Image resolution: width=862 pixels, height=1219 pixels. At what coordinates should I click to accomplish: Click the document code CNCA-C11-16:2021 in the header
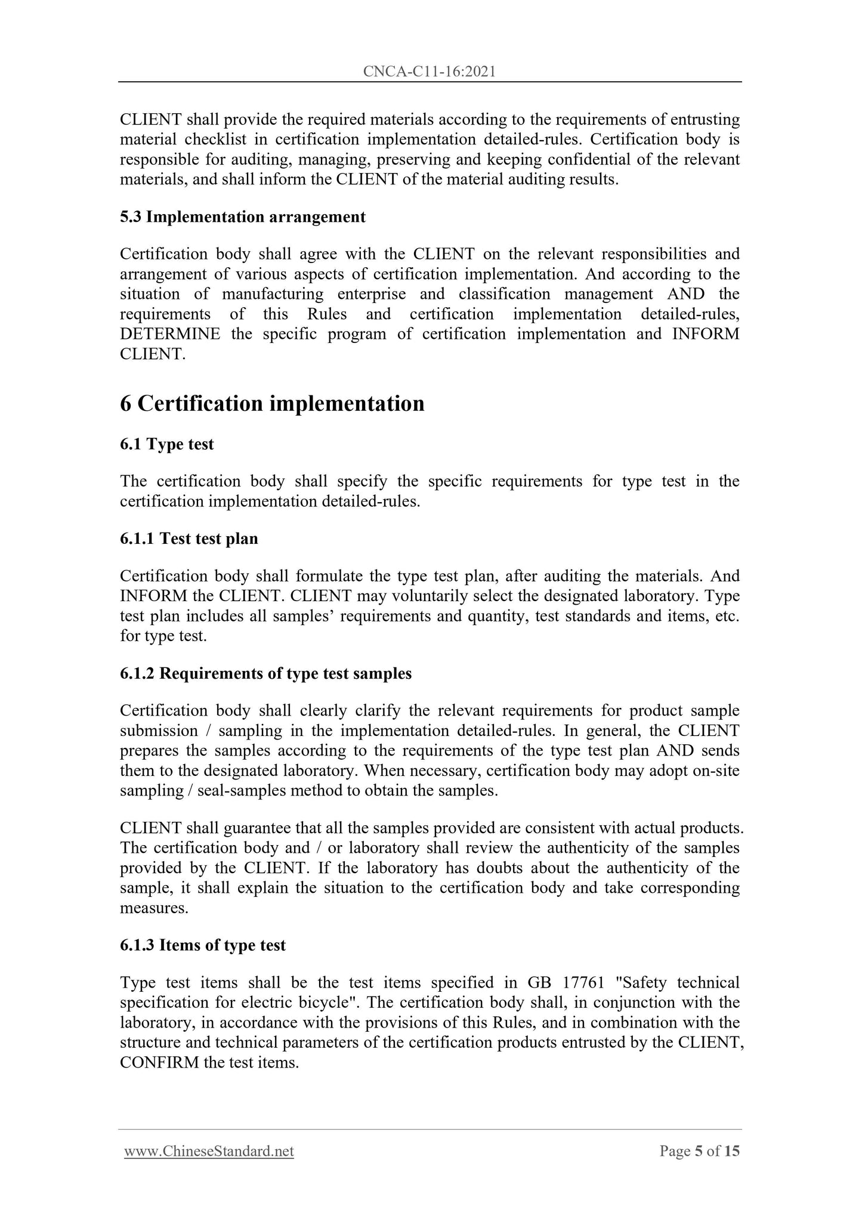[x=430, y=72]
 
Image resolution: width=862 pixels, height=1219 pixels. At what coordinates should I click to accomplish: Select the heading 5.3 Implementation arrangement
[x=242, y=216]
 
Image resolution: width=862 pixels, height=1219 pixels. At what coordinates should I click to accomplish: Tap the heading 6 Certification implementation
[x=272, y=404]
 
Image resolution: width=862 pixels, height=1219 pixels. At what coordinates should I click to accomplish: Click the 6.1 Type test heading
[x=166, y=444]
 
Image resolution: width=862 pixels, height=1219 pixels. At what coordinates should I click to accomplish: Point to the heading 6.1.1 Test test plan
[x=189, y=539]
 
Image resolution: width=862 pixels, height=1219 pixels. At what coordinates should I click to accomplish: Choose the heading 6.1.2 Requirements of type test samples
[x=265, y=673]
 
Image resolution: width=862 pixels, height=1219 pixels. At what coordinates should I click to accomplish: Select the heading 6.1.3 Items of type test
[x=202, y=945]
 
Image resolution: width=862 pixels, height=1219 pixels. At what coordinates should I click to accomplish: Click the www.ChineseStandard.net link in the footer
[x=209, y=1151]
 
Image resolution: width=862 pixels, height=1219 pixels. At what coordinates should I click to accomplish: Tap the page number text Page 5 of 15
[x=699, y=1151]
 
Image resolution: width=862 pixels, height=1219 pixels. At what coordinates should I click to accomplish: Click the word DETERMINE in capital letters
[x=170, y=334]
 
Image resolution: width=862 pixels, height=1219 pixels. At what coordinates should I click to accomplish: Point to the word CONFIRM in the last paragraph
[x=159, y=1063]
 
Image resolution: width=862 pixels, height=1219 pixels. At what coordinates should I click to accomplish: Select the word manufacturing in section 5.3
[x=273, y=294]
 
